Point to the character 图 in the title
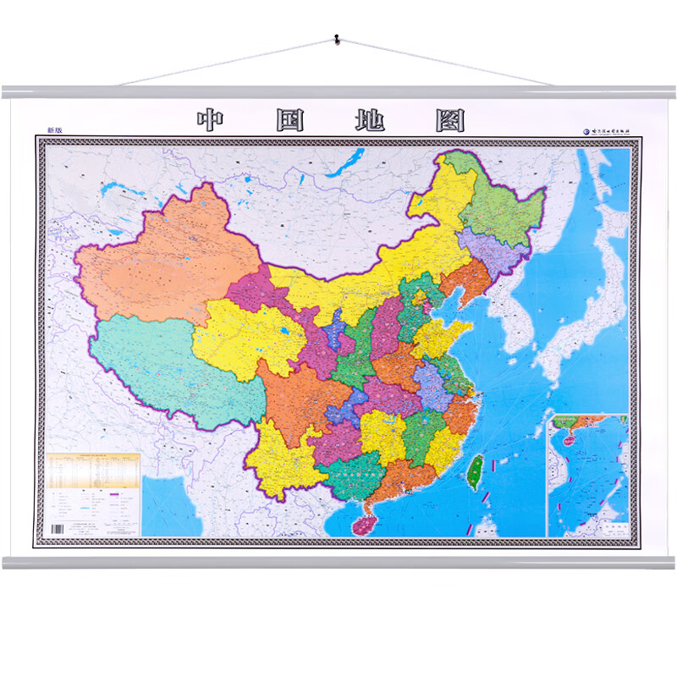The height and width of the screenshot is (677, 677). pyautogui.click(x=450, y=120)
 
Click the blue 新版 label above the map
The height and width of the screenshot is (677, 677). pyautogui.click(x=54, y=130)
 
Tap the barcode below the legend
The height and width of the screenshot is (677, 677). pyautogui.click(x=57, y=529)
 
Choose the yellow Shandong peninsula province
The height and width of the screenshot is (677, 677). pyautogui.click(x=440, y=338)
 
